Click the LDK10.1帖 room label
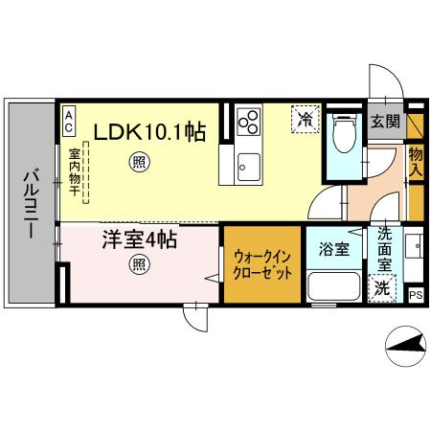(149, 131)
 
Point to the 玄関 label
(386, 122)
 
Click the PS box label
(416, 295)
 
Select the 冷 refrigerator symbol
(306, 120)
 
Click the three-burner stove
(248, 122)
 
